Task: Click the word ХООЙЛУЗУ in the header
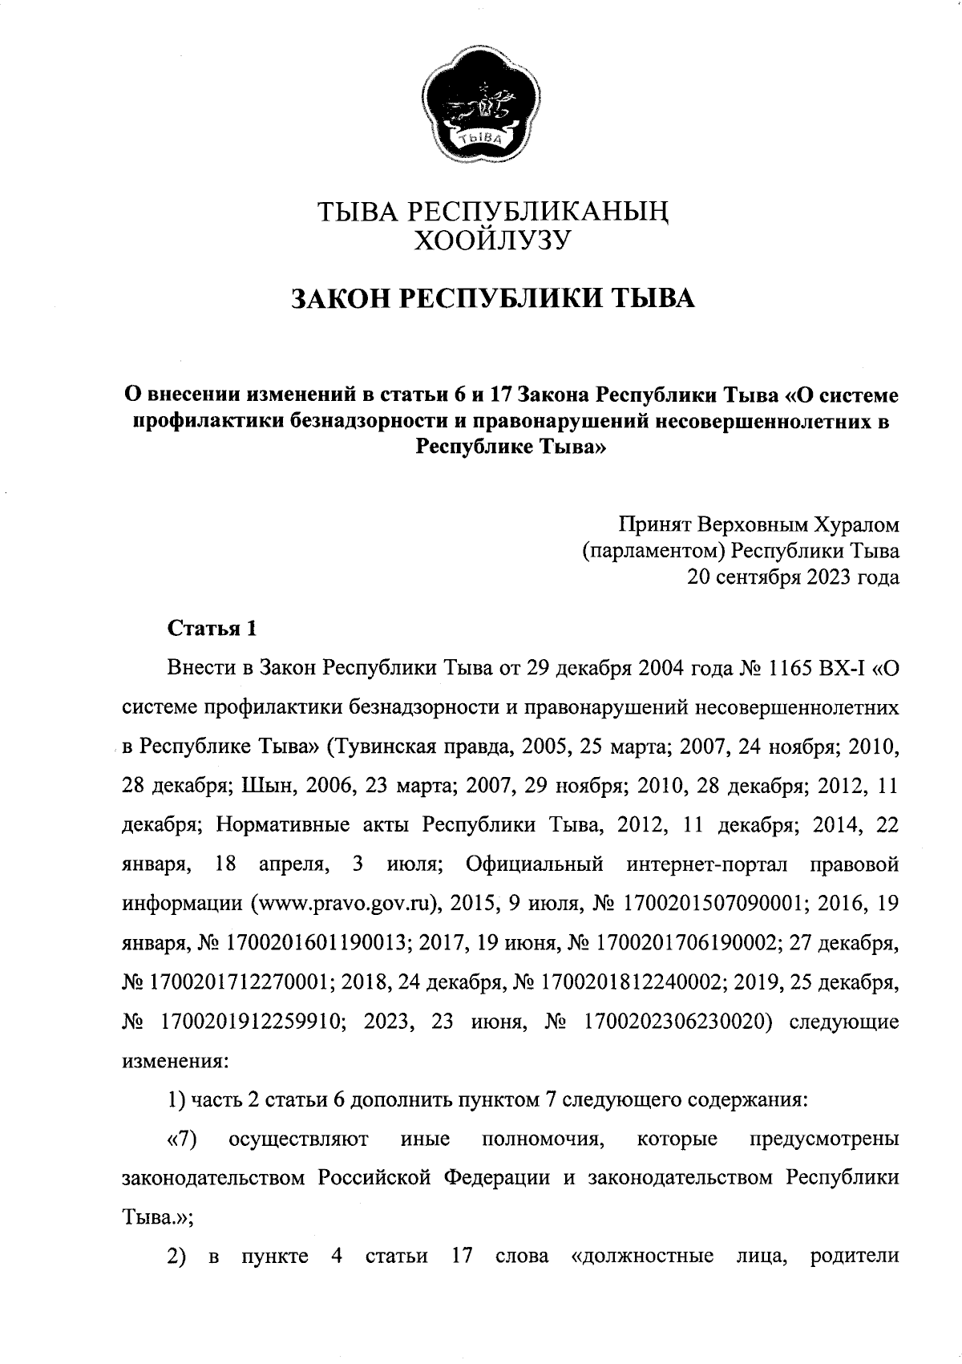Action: tap(490, 239)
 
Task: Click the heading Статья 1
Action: tap(212, 628)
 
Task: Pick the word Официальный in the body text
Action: tap(534, 865)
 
